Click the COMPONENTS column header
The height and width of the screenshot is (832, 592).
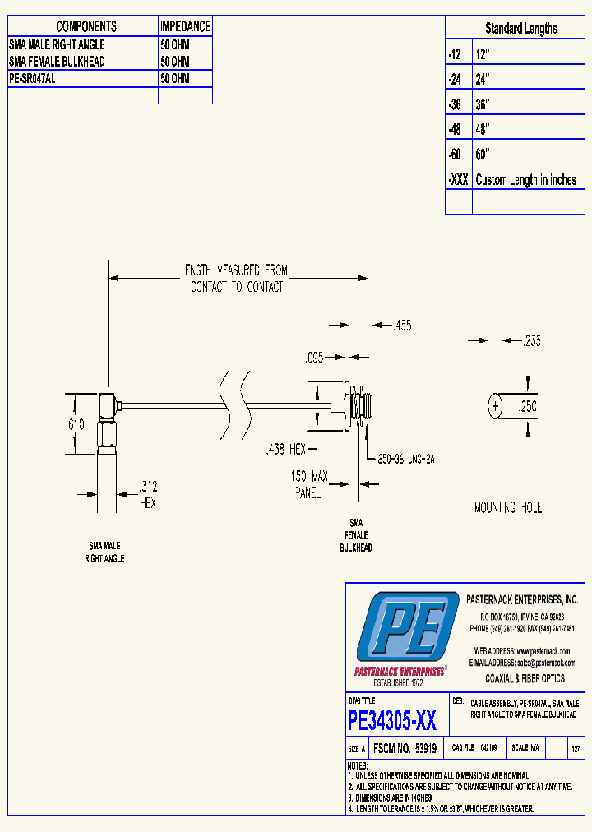point(82,26)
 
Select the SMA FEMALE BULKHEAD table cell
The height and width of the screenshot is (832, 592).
point(57,62)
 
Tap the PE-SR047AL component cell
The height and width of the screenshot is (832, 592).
point(33,79)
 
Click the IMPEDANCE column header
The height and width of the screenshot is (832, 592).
point(185,26)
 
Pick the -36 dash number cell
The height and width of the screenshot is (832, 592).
point(456,104)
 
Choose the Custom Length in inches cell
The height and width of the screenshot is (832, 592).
point(526,180)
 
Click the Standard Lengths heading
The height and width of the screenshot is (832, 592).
point(520,29)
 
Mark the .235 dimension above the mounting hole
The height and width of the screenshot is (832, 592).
point(533,340)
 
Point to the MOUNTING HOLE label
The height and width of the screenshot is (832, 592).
point(508,508)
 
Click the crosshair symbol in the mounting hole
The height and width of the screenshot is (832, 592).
point(495,406)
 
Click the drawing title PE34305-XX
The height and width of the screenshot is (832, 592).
point(392,721)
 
